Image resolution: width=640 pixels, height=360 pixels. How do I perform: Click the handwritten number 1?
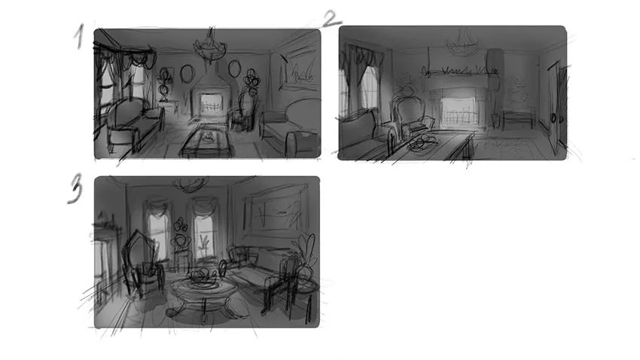(80, 36)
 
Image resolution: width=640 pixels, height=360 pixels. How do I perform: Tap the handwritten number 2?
(332, 19)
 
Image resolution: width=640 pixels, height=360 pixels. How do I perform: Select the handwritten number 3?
(75, 188)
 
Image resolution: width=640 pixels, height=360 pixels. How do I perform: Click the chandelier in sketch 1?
(210, 46)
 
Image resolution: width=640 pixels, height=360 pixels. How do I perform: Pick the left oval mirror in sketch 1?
(186, 74)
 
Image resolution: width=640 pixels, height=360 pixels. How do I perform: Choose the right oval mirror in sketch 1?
(234, 69)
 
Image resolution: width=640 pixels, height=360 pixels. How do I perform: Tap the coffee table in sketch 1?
(206, 140)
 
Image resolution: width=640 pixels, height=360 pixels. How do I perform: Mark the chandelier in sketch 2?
(463, 43)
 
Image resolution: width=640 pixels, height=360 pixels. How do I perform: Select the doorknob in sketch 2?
(554, 118)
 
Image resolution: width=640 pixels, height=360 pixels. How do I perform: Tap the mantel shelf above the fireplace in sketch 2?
(460, 74)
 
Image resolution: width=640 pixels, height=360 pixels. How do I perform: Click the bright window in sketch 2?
(370, 88)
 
